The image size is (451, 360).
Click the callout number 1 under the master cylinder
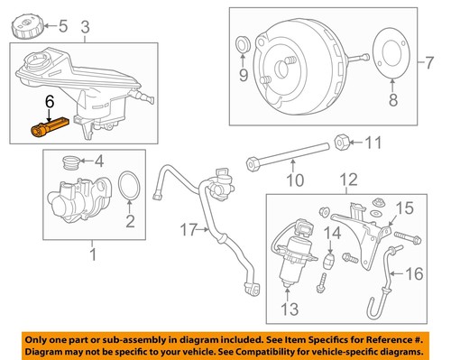pyautogui.click(x=91, y=254)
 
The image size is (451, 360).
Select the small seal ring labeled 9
pyautogui.click(x=242, y=46)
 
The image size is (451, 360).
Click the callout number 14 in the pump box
pyautogui.click(x=330, y=236)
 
